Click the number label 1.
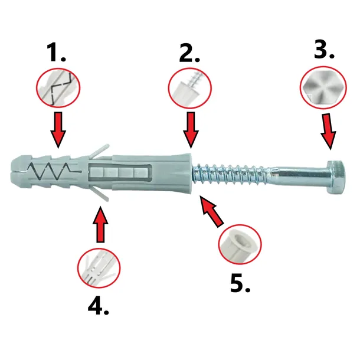point(57,54)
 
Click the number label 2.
point(190,54)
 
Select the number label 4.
point(99,305)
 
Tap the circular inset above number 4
point(99,266)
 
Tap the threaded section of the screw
point(230,175)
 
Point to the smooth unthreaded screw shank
point(295,175)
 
